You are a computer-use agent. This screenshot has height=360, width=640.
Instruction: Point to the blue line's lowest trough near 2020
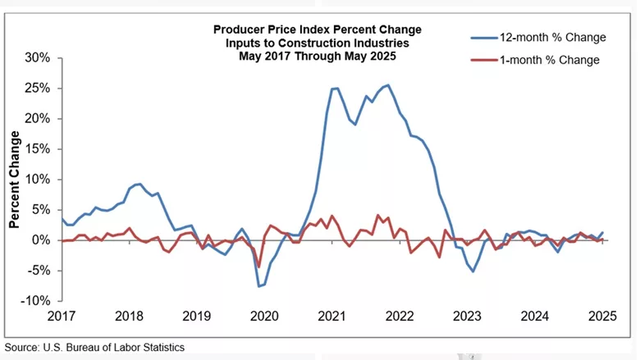[x=259, y=286]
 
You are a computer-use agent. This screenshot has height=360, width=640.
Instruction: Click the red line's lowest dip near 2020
[x=258, y=267]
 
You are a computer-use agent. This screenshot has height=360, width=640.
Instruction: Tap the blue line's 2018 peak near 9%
[x=139, y=184]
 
